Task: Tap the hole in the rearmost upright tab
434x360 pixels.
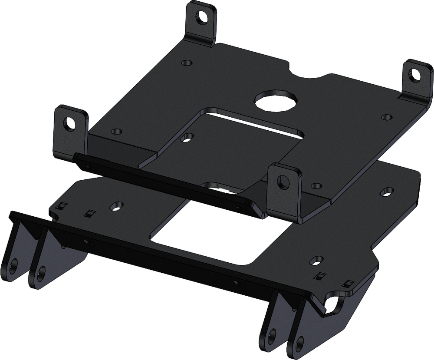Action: (201, 18)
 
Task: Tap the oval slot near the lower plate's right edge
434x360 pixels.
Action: (385, 191)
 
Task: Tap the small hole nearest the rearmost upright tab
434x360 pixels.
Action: (187, 63)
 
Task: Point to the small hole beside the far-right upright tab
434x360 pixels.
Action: (385, 117)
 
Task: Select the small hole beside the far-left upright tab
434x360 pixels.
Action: (115, 131)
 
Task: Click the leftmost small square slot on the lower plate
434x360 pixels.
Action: (62, 205)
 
